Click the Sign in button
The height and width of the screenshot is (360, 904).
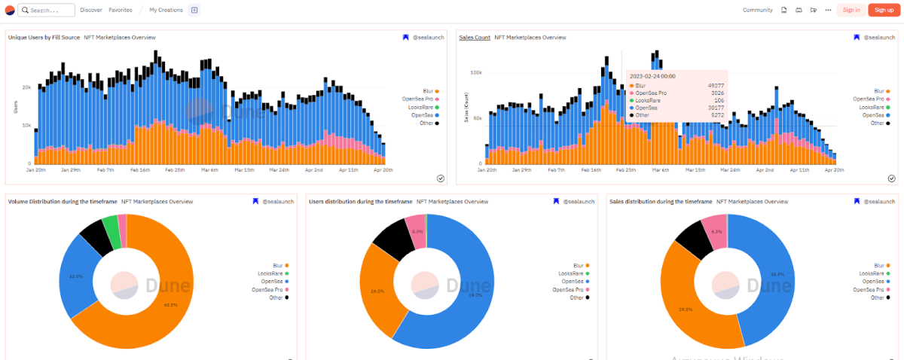tap(851, 10)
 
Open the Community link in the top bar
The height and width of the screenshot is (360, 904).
tap(757, 10)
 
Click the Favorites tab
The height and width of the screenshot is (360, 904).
tap(121, 10)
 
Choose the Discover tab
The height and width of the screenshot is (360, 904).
tap(91, 10)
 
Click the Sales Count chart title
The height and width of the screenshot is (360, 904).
tap(475, 37)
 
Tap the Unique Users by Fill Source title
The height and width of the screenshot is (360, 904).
tap(44, 37)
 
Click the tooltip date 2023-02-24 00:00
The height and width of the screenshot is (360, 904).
tap(652, 76)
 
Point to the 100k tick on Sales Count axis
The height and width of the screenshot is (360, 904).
tap(475, 73)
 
